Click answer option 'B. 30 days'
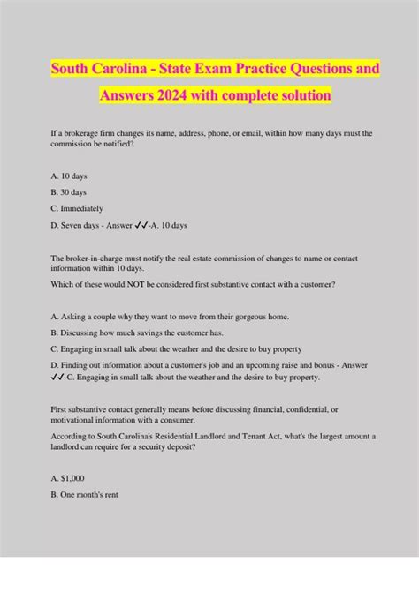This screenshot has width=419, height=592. point(70,192)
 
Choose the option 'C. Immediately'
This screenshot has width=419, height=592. point(78,208)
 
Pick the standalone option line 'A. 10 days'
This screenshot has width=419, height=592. point(69,176)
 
